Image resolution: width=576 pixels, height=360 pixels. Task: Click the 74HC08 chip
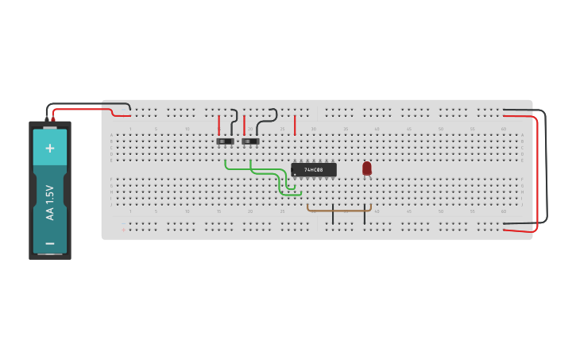(x=314, y=169)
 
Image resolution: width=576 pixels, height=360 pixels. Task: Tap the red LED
(x=366, y=168)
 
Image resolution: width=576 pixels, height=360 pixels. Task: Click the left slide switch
(x=226, y=141)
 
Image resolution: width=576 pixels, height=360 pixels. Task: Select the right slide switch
(x=250, y=141)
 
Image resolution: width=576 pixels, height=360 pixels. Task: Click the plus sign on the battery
(x=50, y=148)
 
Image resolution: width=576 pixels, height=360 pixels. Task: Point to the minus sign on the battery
(x=50, y=243)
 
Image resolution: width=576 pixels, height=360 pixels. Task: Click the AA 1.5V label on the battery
(x=50, y=203)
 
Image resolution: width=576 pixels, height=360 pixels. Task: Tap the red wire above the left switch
(x=219, y=125)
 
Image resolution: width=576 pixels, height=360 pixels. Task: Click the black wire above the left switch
(x=234, y=122)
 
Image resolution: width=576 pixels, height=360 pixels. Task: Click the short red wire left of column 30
(x=295, y=125)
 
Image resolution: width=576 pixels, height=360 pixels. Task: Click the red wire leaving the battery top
(x=79, y=109)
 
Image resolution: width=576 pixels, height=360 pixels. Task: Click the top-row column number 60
(x=504, y=128)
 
